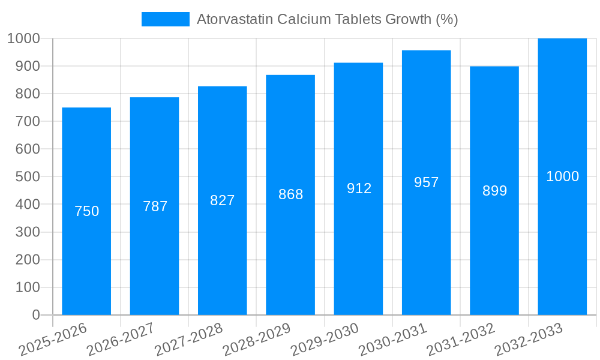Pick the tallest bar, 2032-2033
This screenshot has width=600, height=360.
pyautogui.click(x=562, y=240)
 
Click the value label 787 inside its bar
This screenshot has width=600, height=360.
pyautogui.click(x=155, y=206)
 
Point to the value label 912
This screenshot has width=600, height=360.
pyautogui.click(x=359, y=188)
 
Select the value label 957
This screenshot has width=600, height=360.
pyautogui.click(x=427, y=182)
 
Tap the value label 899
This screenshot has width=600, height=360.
pyautogui.click(x=495, y=191)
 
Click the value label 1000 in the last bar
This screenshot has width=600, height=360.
pyautogui.click(x=563, y=176)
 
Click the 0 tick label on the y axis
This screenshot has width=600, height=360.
pyautogui.click(x=35, y=315)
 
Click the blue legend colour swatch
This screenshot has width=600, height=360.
pyautogui.click(x=165, y=19)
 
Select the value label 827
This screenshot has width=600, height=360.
pyautogui.click(x=223, y=200)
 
